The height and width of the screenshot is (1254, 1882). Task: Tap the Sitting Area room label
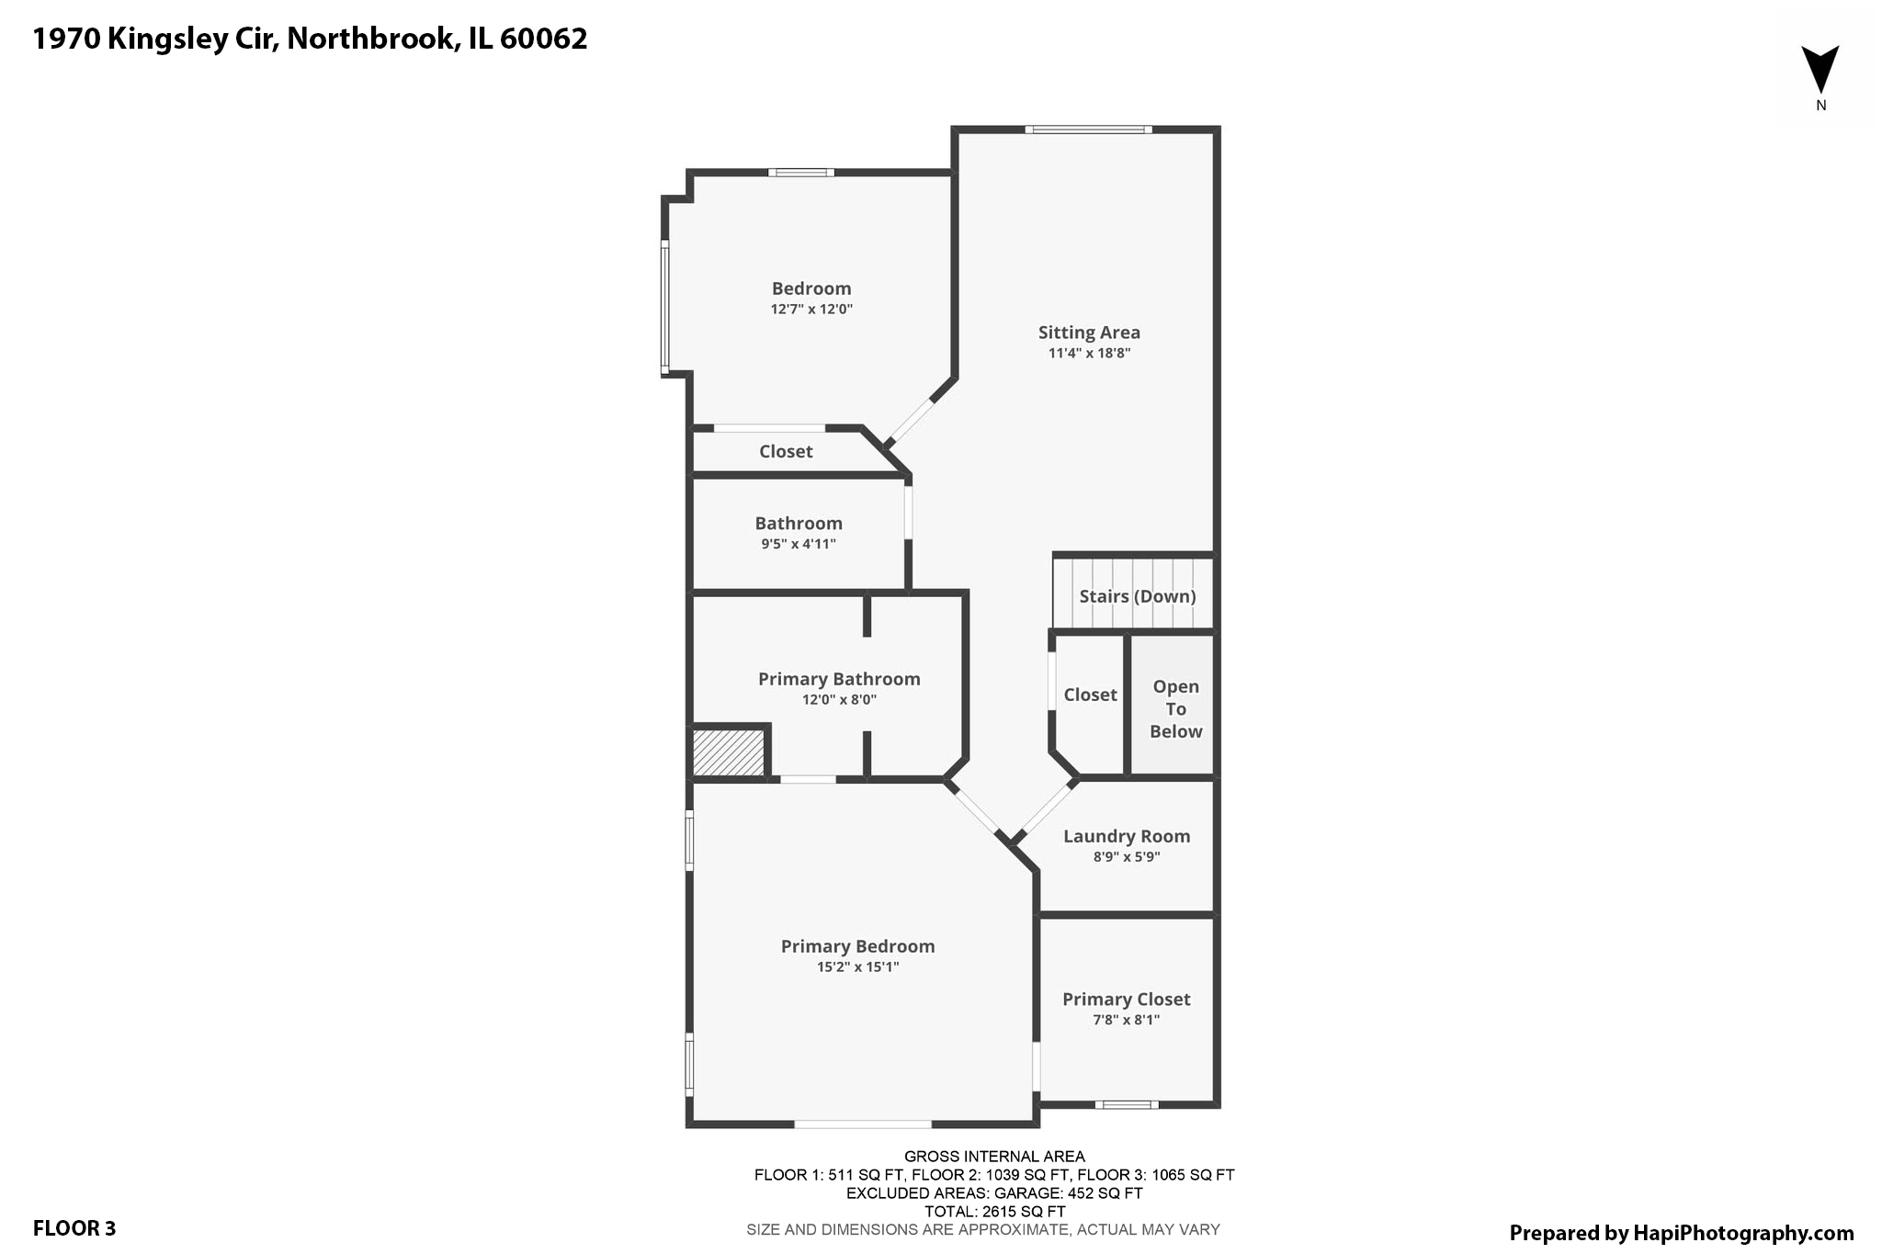(x=1089, y=333)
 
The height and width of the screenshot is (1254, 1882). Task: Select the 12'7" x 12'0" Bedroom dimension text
(x=811, y=310)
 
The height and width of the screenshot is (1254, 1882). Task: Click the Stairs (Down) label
(x=1137, y=596)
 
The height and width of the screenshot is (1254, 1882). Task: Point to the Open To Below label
(x=1175, y=708)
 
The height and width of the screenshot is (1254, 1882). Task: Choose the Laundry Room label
(x=1127, y=836)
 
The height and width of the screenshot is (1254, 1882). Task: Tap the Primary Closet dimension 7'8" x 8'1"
(x=1126, y=1020)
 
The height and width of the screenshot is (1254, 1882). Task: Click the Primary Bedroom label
(x=857, y=946)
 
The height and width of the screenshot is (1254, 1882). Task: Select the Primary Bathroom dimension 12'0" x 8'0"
(x=839, y=700)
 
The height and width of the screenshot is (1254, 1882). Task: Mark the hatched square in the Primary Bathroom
(x=728, y=752)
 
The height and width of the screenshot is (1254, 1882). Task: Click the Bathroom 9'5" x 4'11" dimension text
(x=798, y=544)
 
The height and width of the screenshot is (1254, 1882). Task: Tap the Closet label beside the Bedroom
(x=786, y=451)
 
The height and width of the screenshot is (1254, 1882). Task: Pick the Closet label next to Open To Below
(x=1090, y=695)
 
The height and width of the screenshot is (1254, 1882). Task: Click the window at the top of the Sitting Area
(x=1088, y=130)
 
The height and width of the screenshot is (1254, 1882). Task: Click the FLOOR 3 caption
(x=74, y=1228)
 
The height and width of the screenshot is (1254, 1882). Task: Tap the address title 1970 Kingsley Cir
(x=310, y=39)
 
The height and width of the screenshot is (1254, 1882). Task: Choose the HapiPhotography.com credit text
(x=1681, y=1233)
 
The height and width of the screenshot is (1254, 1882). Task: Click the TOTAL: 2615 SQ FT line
(x=994, y=1211)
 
